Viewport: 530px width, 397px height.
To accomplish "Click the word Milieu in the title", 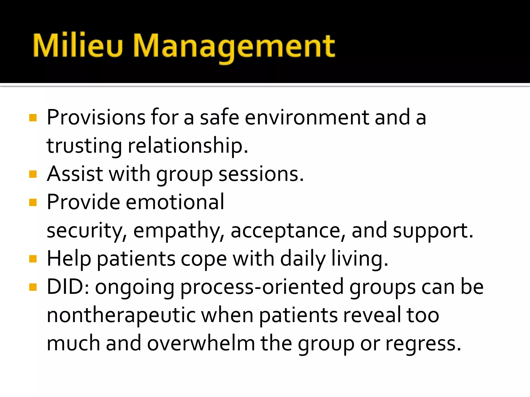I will pos(78,46).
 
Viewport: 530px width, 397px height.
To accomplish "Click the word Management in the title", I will pos(234,47).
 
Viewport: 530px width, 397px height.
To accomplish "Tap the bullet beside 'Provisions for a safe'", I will pos(33,118).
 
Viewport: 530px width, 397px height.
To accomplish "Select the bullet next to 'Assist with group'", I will pos(33,174).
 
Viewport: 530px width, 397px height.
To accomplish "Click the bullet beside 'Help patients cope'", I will pos(33,259).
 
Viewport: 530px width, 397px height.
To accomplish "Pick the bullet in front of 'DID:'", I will pos(33,287).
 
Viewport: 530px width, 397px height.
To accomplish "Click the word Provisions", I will pos(96,118).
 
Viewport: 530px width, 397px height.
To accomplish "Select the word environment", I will pos(307,118).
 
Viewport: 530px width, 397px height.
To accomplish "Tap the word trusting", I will pos(84,146).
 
